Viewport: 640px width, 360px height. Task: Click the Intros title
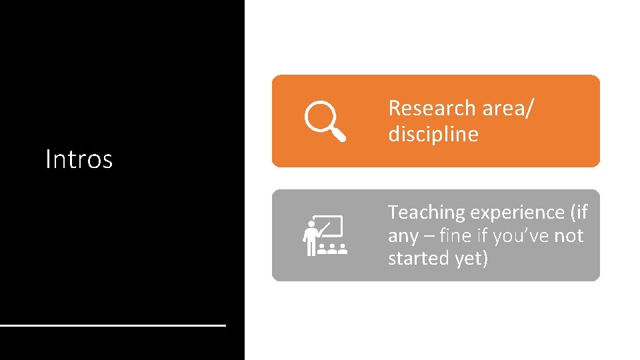tap(79, 159)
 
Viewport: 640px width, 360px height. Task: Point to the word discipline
tap(433, 134)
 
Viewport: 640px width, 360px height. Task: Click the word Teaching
tap(427, 213)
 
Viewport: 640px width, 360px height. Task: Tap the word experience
tap(517, 213)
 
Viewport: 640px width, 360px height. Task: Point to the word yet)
tap(471, 259)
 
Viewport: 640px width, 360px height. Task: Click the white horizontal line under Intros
tap(113, 325)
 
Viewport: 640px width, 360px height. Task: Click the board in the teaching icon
tap(330, 226)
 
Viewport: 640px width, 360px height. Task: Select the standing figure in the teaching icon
tap(310, 239)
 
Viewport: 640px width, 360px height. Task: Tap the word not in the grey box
tap(569, 235)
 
